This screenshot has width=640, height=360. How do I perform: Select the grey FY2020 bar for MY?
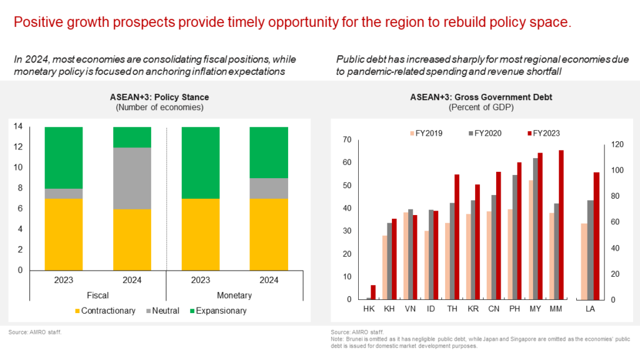click(536, 229)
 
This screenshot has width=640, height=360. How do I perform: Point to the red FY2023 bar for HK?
click(374, 292)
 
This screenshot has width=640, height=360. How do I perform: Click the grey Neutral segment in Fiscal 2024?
click(132, 178)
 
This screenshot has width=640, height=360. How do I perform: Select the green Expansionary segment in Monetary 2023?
click(200, 162)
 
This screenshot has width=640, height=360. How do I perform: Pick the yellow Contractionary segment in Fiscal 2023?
click(64, 234)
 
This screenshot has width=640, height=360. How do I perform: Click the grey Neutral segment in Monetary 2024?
click(269, 188)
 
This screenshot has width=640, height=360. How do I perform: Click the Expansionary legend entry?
click(219, 311)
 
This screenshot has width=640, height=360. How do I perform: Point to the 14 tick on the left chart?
click(19, 127)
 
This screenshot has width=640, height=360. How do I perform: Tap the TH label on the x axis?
click(451, 309)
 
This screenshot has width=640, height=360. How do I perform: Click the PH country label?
click(514, 309)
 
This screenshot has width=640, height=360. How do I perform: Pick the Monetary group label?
click(234, 295)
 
